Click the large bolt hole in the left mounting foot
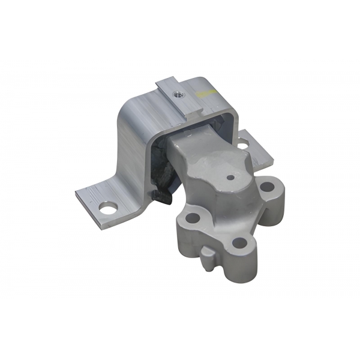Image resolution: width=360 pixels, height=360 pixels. click(107, 209)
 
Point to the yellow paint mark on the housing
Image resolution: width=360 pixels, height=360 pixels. click(207, 92)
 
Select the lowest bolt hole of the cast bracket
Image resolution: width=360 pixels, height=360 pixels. click(239, 243)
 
